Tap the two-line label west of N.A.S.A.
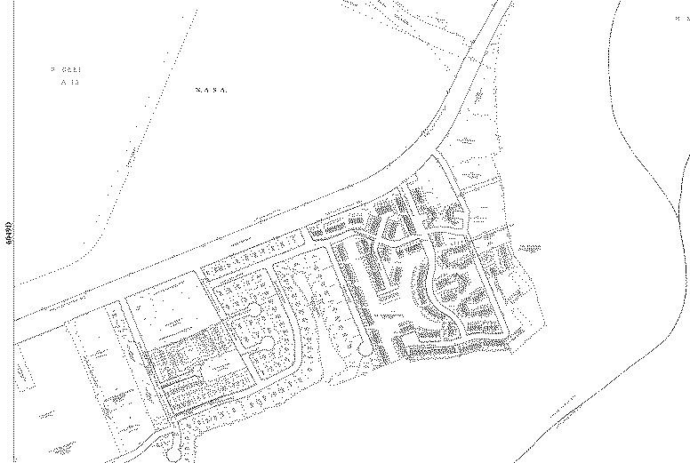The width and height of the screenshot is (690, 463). [x=65, y=75]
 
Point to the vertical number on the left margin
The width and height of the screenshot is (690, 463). [x=8, y=233]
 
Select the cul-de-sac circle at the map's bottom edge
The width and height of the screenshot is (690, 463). [x=173, y=455]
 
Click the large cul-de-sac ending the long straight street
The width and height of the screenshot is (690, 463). [x=365, y=351]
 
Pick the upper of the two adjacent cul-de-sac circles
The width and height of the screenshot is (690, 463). [x=253, y=309]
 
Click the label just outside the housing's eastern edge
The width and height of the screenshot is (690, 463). [x=531, y=245]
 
